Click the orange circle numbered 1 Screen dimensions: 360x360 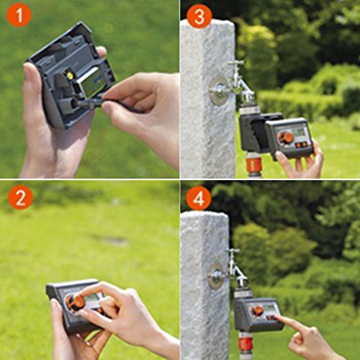point(19,15)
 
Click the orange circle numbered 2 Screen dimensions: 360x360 point(20,197)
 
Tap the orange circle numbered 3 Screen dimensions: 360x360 point(199,17)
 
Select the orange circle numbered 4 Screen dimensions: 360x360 point(199,199)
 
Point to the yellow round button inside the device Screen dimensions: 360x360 point(70,76)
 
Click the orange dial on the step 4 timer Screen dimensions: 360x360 point(256,311)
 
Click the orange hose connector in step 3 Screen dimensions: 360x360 point(253,164)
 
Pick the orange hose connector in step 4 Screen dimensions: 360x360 point(246,342)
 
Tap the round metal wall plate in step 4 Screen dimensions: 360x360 point(215,276)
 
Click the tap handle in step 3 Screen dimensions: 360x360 point(236,63)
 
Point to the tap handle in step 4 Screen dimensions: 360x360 point(233,251)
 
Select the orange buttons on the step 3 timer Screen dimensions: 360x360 point(301,145)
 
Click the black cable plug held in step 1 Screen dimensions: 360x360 point(88,104)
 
